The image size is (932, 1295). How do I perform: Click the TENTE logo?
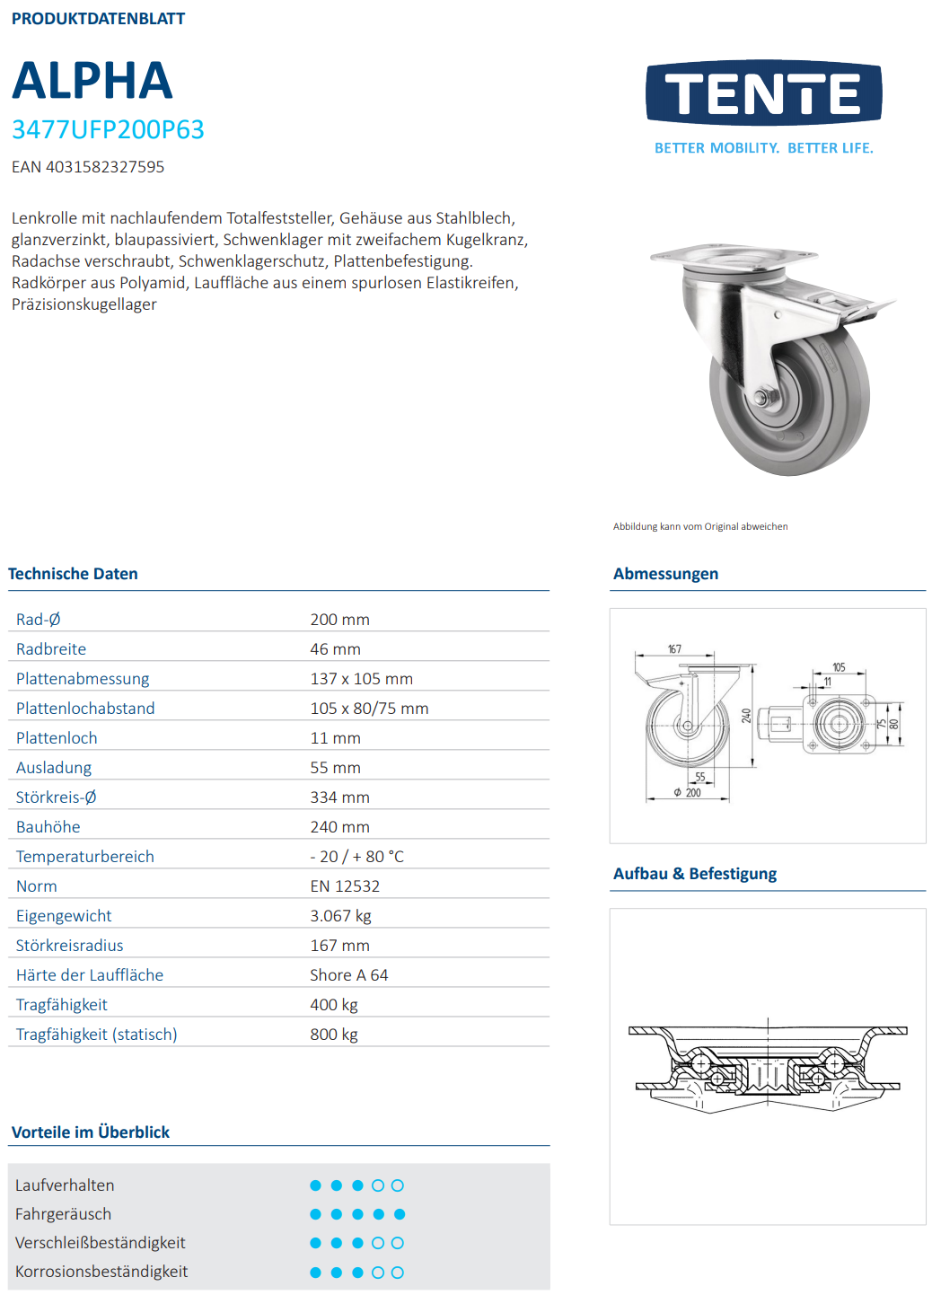click(x=763, y=93)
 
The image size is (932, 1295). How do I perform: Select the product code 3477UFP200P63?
click(x=108, y=130)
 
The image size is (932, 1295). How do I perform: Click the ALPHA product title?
click(x=92, y=81)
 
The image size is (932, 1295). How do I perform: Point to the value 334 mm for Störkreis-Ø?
click(x=339, y=797)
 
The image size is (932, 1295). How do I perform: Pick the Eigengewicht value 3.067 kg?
click(x=340, y=916)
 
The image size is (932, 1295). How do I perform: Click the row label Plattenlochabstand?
click(x=85, y=709)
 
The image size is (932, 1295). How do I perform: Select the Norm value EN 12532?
click(x=345, y=886)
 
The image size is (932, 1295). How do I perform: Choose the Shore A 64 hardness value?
click(x=348, y=975)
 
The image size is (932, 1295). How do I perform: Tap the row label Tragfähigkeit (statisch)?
click(x=97, y=1035)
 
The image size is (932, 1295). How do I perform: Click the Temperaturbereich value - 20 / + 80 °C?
click(x=356, y=857)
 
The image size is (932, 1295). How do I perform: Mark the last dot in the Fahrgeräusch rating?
click(x=400, y=1214)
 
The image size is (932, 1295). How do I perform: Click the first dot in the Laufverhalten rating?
click(x=315, y=1185)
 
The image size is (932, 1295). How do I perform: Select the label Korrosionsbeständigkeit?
click(x=101, y=1272)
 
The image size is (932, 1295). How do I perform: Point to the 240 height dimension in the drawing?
click(x=745, y=716)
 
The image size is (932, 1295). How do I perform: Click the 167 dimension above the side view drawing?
click(x=674, y=649)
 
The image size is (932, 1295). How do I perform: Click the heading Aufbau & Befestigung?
click(x=694, y=874)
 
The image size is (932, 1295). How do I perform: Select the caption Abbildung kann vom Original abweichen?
click(x=700, y=527)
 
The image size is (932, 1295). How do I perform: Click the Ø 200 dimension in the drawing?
click(x=689, y=793)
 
